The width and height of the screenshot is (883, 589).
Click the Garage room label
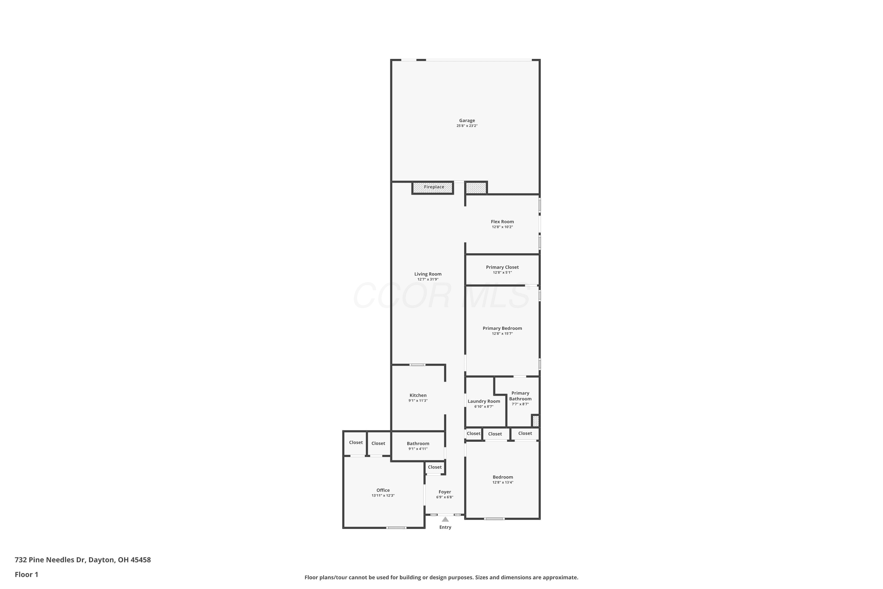(467, 120)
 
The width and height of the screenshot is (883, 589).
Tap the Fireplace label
(434, 187)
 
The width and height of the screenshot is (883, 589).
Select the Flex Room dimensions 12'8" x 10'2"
(502, 227)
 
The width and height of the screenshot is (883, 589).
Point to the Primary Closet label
(502, 267)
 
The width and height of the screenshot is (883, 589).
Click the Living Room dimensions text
(428, 279)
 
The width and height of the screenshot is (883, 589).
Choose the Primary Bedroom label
(502, 328)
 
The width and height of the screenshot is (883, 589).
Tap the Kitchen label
(418, 395)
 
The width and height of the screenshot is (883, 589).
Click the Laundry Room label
(484, 401)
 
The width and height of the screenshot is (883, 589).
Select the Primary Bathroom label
(520, 396)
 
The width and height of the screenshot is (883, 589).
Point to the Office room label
(383, 490)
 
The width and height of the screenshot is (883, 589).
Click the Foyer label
(445, 492)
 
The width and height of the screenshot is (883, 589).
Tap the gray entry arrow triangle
(445, 519)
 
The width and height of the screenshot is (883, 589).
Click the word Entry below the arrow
(445, 527)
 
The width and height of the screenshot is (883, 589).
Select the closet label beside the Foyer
(435, 467)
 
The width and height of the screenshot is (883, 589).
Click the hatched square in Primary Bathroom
(536, 421)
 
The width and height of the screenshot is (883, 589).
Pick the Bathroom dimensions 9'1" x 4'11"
(418, 449)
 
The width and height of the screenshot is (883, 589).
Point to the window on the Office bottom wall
(396, 528)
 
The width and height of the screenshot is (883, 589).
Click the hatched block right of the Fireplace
(476, 188)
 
